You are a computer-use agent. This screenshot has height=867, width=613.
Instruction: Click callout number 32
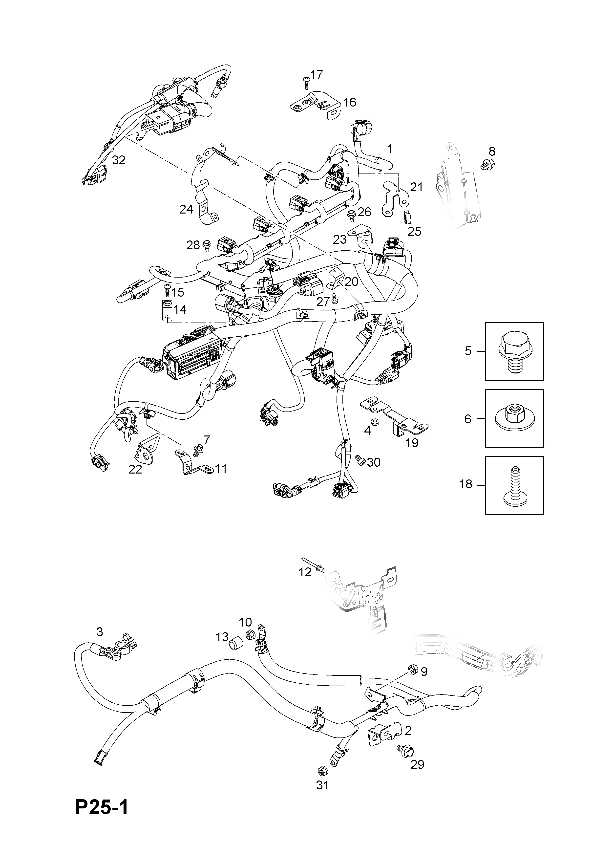tap(119, 160)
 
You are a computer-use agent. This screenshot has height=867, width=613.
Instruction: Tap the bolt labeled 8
tap(488, 164)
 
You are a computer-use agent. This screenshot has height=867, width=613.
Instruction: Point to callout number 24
tap(186, 209)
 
